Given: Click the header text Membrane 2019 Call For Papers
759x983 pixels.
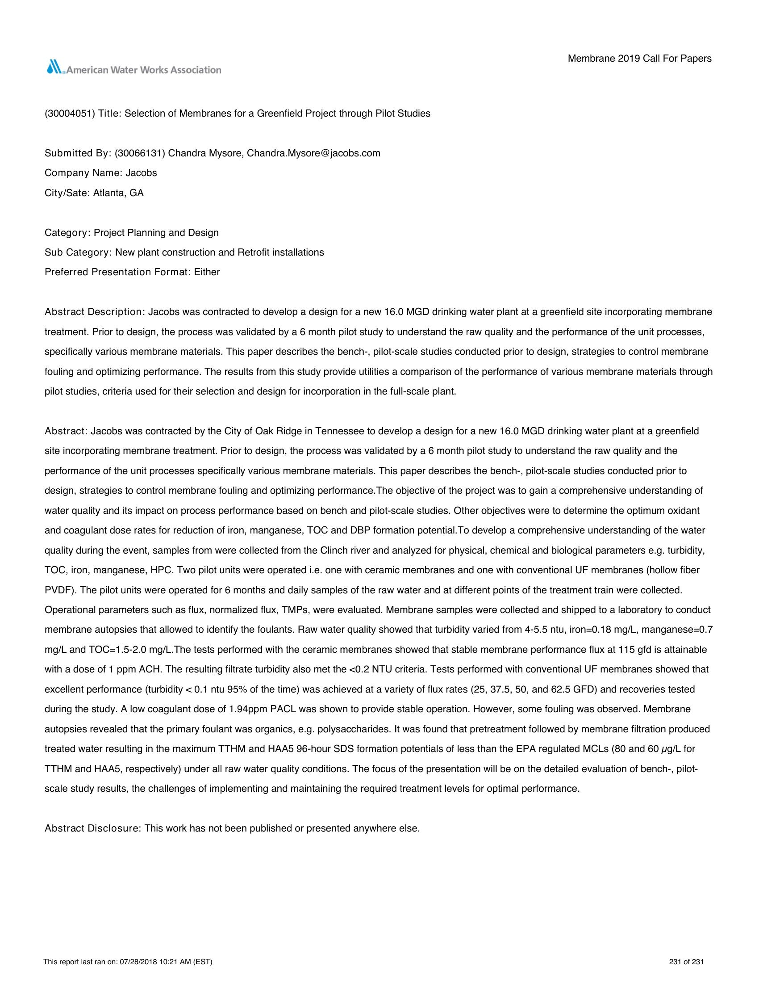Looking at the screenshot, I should [x=639, y=59].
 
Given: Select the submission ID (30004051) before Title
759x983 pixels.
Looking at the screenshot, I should [x=69, y=113].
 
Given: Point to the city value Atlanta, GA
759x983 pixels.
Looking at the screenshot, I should [x=118, y=193].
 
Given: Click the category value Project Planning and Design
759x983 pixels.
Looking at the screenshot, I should [x=156, y=233].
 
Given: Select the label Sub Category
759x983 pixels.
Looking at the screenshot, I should [x=77, y=252].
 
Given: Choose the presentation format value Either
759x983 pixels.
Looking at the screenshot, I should [x=207, y=272].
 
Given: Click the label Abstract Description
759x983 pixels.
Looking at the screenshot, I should [x=93, y=312].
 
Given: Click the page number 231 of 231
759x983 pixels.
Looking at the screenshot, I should [x=686, y=962].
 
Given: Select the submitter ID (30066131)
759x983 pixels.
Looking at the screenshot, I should [x=140, y=153].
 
